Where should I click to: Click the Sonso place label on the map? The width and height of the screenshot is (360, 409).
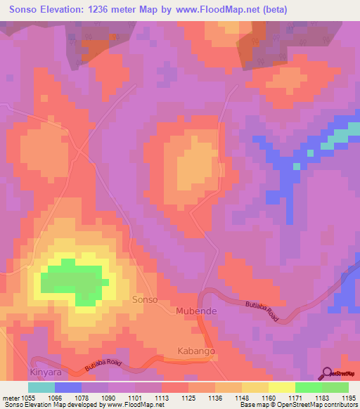145,300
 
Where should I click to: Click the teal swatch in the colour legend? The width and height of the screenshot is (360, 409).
41,387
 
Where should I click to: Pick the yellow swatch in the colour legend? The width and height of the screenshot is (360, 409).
282,387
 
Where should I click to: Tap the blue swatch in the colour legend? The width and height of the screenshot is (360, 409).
68,387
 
